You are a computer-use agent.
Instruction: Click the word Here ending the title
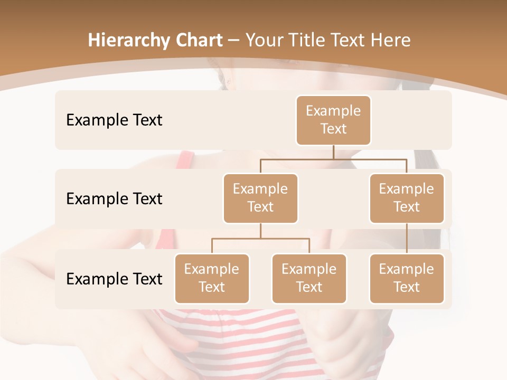[x=390, y=41]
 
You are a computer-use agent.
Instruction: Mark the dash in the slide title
[x=234, y=41]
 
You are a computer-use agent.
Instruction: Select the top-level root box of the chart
[x=333, y=120]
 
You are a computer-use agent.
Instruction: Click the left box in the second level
[x=260, y=198]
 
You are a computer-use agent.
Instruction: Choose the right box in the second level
[x=407, y=198]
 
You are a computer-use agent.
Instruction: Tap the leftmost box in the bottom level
[x=212, y=278]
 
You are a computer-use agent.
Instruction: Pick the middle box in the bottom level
[x=309, y=278]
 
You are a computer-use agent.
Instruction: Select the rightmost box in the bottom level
[x=407, y=278]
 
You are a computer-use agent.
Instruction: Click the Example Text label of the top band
[x=114, y=120]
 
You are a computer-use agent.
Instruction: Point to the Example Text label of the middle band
[x=114, y=199]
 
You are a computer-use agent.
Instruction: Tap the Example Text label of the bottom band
[x=114, y=279]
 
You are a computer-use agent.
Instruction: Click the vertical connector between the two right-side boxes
[x=407, y=239]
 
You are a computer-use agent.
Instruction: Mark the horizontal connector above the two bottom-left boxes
[x=260, y=239]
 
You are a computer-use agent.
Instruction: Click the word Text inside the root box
[x=333, y=129]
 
